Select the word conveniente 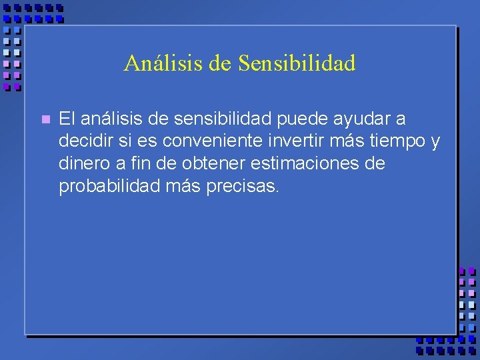(x=200, y=141)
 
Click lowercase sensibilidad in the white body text (x=217, y=119)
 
